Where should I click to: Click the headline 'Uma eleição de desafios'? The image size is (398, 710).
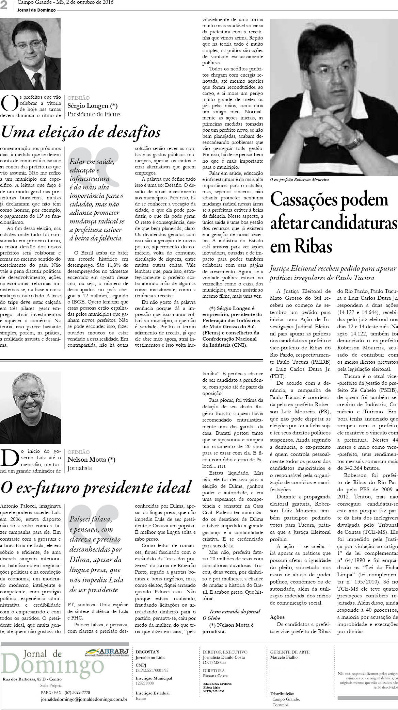pos(80,132)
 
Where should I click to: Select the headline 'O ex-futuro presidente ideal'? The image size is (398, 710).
pos(96,487)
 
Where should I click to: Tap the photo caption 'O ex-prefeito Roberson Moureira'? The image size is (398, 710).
pos(300,179)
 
